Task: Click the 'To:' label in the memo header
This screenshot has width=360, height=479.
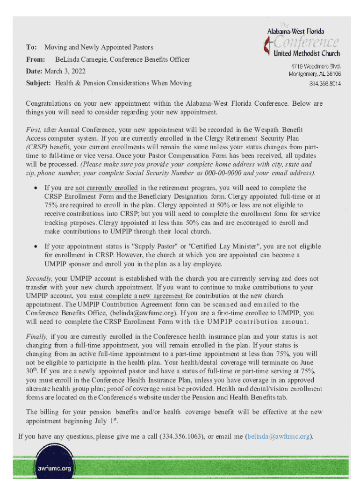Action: point(31,47)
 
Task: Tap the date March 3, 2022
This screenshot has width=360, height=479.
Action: point(65,71)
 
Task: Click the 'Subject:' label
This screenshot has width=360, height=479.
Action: point(39,83)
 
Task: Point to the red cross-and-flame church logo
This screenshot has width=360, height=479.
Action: point(267,46)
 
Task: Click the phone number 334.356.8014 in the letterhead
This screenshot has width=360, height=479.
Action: point(325,84)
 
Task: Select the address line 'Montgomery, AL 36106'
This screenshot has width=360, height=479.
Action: point(315,74)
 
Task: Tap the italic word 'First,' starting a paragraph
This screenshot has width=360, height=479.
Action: point(34,129)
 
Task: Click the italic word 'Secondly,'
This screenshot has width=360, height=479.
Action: point(39,278)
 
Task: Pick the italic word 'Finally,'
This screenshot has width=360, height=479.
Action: point(37,336)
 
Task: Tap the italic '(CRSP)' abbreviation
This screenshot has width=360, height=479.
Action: point(36,146)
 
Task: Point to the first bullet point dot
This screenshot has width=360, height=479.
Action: point(36,188)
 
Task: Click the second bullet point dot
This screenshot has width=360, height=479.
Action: point(36,246)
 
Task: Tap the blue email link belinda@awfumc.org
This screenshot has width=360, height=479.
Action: point(278,436)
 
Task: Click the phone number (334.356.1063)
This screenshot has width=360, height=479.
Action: point(181,436)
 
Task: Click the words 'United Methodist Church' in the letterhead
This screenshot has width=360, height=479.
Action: point(307,53)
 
